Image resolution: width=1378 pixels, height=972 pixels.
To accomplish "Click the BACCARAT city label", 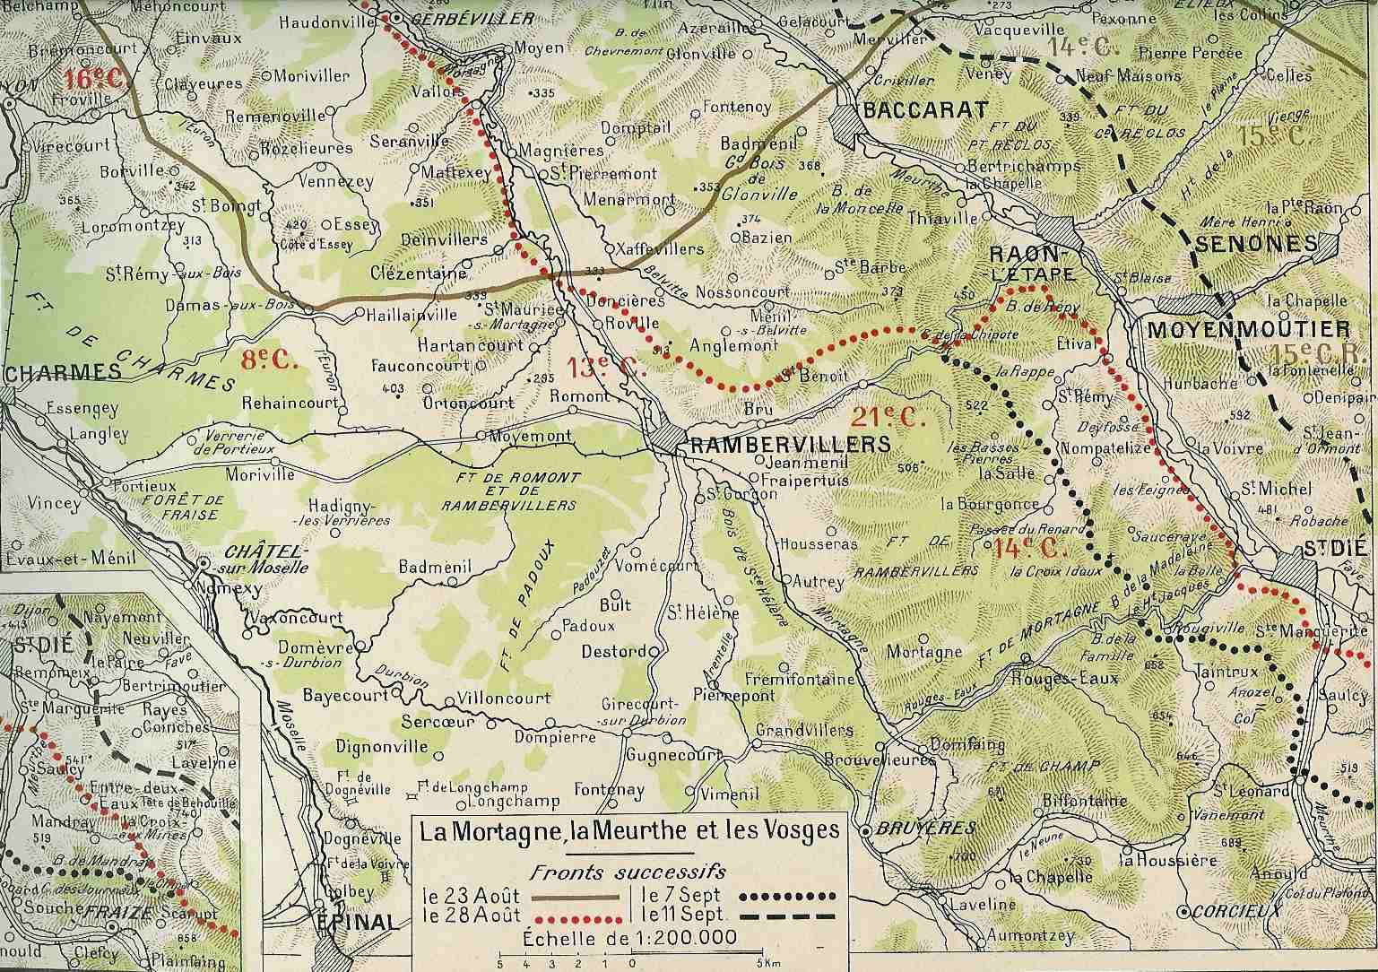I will pos(924,110).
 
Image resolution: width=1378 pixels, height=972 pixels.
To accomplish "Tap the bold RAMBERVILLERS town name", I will pos(788,444).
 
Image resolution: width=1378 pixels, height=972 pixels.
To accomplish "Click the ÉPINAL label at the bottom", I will pos(357,921).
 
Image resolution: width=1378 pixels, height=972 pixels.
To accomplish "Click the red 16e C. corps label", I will pos(93,78).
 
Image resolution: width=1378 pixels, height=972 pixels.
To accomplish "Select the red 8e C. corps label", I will pos(269,360).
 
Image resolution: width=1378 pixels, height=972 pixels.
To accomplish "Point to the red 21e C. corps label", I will pos(887,417).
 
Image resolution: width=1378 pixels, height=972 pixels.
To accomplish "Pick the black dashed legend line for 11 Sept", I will pos(790,916).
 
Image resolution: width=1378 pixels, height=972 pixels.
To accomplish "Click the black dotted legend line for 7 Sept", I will pos(790,895).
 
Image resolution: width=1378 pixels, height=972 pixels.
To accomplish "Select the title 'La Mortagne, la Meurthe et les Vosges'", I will pos(630,830).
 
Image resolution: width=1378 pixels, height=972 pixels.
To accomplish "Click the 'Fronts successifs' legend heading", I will pos(628,871).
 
